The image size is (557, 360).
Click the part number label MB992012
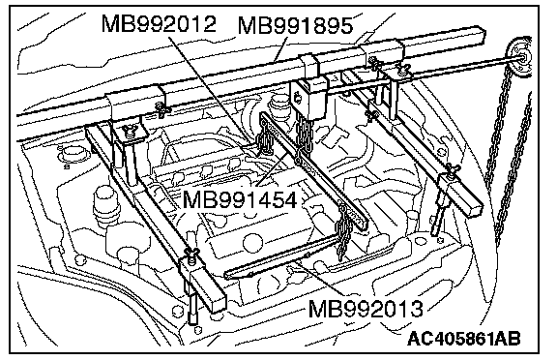[159, 24]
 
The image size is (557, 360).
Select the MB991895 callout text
[295, 25]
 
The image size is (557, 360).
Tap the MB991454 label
[240, 199]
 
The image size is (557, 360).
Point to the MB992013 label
[366, 309]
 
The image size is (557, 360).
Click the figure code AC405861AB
[464, 338]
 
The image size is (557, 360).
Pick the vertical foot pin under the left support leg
[193, 305]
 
